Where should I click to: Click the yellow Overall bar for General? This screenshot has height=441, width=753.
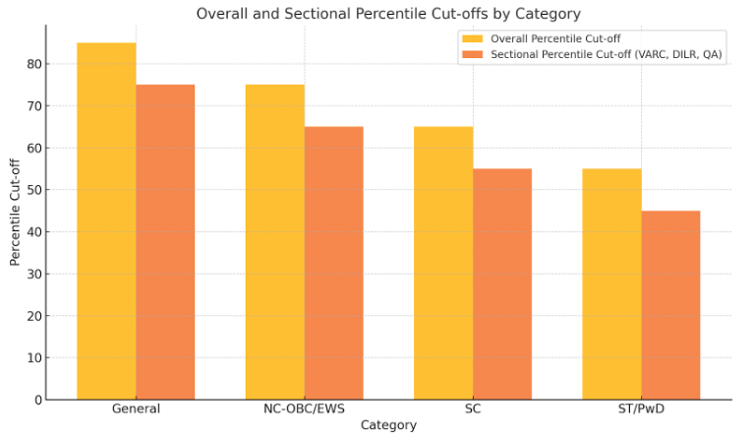coord(106,221)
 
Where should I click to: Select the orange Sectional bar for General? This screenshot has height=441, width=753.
coord(165,242)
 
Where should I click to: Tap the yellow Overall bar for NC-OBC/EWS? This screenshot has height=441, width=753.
coord(275,242)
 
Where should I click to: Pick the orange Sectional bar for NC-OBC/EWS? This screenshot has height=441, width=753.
coord(334,263)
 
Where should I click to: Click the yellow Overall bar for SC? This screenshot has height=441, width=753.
coord(443,263)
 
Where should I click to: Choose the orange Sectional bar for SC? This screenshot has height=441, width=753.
coord(502,284)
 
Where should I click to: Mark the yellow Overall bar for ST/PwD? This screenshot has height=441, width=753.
coord(612,284)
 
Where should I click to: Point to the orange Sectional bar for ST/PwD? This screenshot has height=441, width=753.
coord(670,305)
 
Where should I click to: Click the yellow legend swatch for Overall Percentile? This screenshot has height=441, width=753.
coord(473,39)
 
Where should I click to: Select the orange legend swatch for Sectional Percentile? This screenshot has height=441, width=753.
coord(473,55)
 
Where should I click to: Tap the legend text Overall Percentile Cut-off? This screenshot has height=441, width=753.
coord(555,39)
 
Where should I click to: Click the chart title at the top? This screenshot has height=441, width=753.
coord(388,14)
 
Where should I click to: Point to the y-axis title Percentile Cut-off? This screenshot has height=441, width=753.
coord(15,212)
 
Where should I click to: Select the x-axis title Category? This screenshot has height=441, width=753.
coord(388,425)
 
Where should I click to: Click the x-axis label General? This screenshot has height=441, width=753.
coord(136,409)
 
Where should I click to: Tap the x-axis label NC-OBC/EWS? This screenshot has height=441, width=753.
coord(305,409)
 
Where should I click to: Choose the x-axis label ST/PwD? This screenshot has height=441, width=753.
coord(642,409)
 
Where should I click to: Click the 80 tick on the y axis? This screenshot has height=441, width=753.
coord(34,64)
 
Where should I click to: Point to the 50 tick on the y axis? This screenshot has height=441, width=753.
coord(34,190)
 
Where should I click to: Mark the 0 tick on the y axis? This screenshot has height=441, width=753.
coord(38,400)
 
